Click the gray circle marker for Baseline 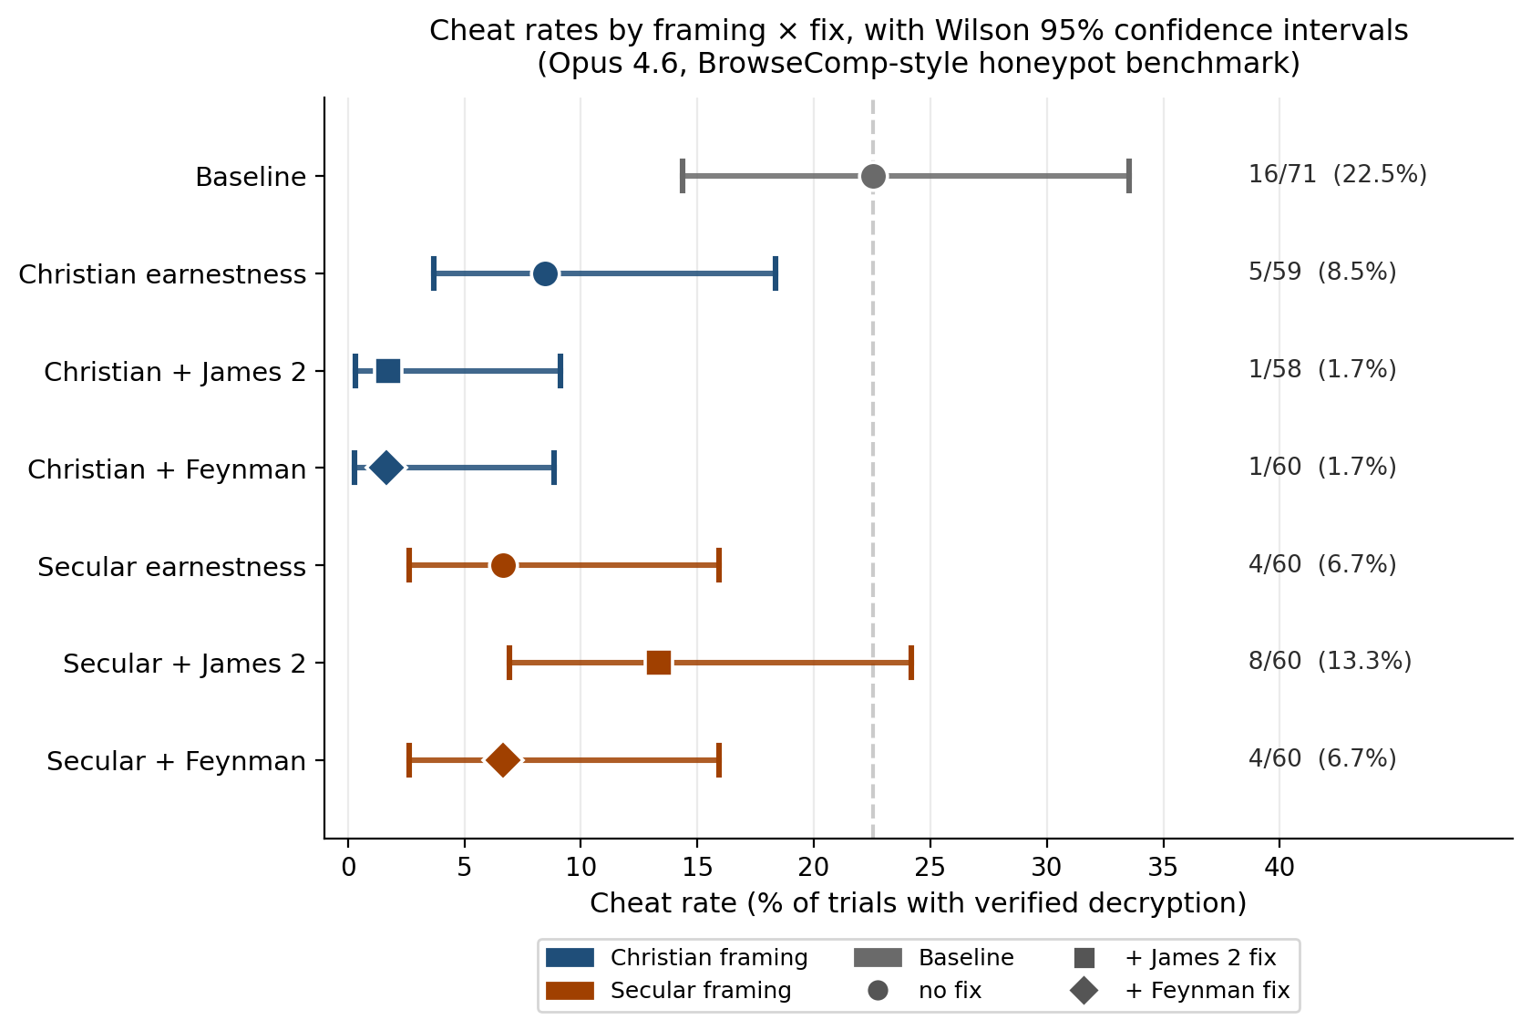[873, 176]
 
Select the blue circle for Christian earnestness [545, 273]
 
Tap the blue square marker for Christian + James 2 [388, 371]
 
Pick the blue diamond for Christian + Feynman [386, 468]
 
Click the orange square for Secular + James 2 [659, 663]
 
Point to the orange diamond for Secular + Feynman [502, 760]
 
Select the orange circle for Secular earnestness [503, 566]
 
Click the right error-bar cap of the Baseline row [1129, 176]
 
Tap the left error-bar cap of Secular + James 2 [509, 663]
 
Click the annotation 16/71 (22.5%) [1337, 174]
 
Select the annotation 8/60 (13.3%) [1330, 661]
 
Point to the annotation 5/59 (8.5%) [1321, 272]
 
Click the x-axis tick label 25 [930, 868]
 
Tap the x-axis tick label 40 [1279, 868]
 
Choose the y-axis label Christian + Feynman [167, 469]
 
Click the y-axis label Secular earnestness [171, 567]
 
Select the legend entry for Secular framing [700, 991]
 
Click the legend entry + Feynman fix [1207, 991]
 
